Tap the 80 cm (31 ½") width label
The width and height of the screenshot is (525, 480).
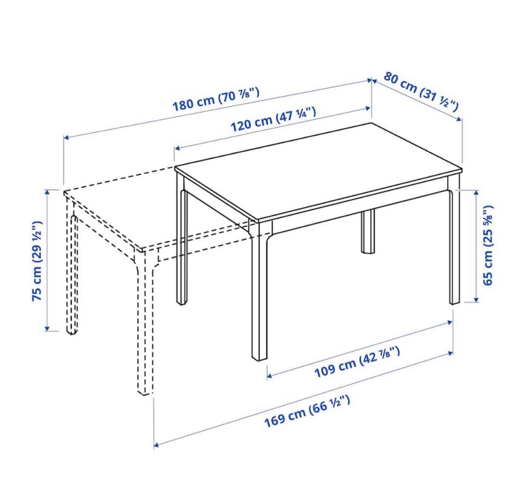coord(421,92)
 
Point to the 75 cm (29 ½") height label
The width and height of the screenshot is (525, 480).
coord(37,260)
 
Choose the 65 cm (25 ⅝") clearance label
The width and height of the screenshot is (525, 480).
coord(488,245)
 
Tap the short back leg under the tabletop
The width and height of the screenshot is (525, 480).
coord(368,231)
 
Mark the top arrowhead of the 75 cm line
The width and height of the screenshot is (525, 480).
coord(47,192)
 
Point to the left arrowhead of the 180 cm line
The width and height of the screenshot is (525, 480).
coord(67,137)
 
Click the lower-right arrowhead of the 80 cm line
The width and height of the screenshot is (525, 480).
coord(459,119)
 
